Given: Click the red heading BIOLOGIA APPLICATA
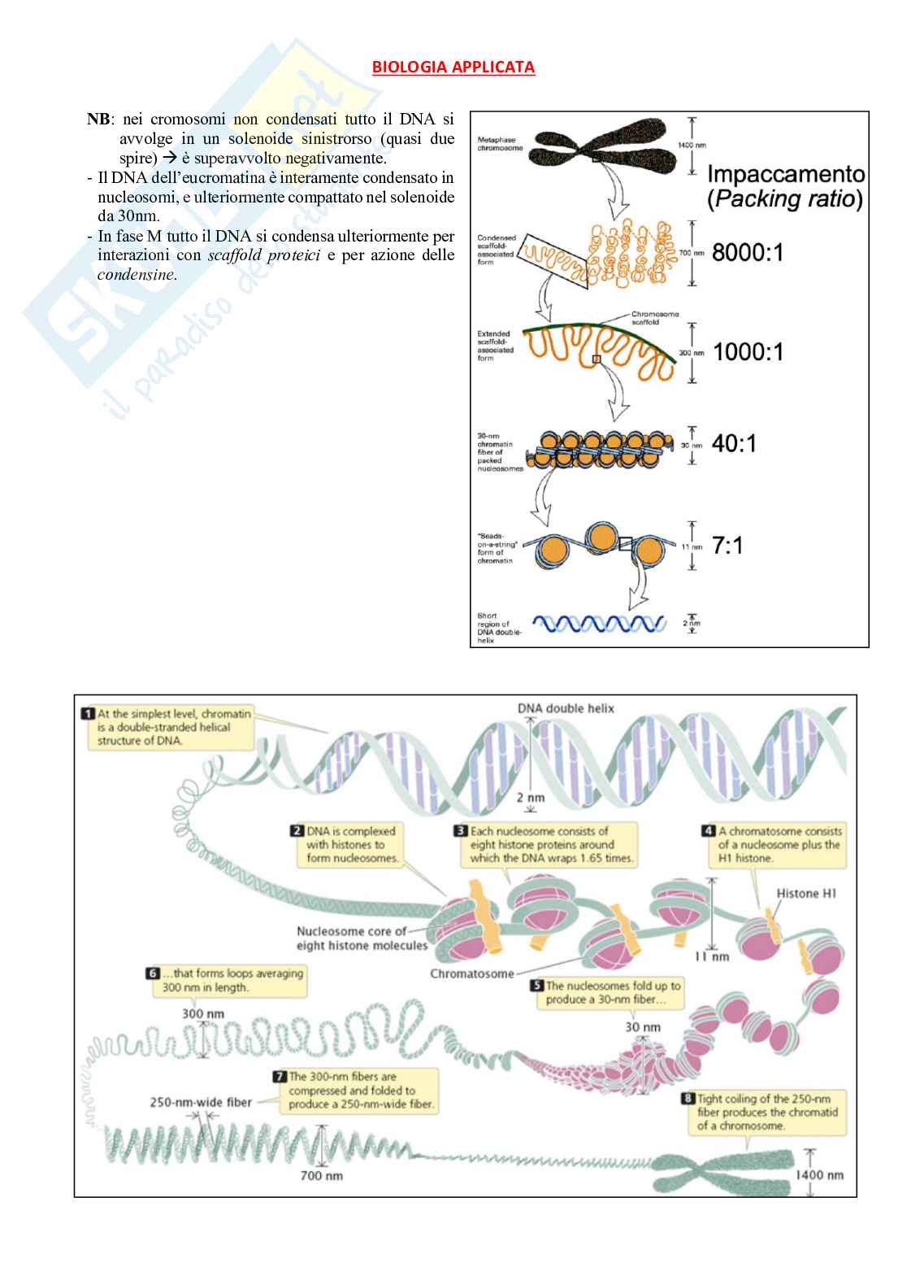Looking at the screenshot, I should point(453,67).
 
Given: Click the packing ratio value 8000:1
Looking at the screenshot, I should point(748,253).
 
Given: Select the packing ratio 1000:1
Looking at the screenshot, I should point(748,352).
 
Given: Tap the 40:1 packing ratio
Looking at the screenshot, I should point(733,444).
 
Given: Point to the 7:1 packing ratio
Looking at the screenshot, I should point(727,546).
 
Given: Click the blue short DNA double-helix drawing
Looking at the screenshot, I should point(604,624).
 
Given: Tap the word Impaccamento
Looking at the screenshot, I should point(785,174).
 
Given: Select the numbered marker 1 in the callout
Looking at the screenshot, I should point(88,714).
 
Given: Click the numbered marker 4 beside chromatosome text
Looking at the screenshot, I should point(708,831).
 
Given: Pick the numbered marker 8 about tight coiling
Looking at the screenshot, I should point(688,1099).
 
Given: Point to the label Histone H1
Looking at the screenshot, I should point(805,894).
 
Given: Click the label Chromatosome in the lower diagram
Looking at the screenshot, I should point(471,973).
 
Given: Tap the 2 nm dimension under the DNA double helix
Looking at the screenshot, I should point(531,798).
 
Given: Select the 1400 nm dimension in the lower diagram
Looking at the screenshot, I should point(819,1174).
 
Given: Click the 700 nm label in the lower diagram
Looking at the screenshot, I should point(323,1175).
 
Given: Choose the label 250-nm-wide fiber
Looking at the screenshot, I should point(201,1103).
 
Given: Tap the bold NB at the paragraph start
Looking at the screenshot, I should point(98,119).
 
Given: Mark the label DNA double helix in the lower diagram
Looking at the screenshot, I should point(566,708).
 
